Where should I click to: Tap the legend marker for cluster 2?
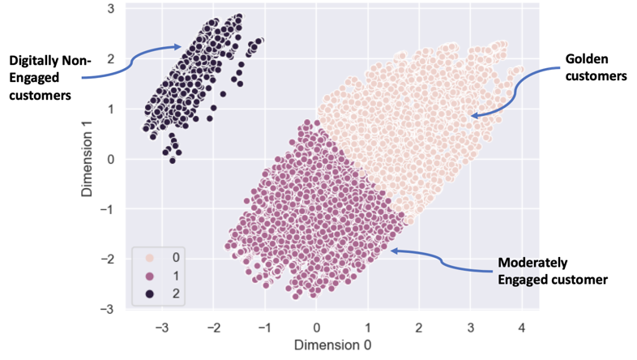151,292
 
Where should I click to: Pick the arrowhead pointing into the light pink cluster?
475,116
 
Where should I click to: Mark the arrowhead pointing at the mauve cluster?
394,251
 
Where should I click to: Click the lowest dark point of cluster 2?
172,160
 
